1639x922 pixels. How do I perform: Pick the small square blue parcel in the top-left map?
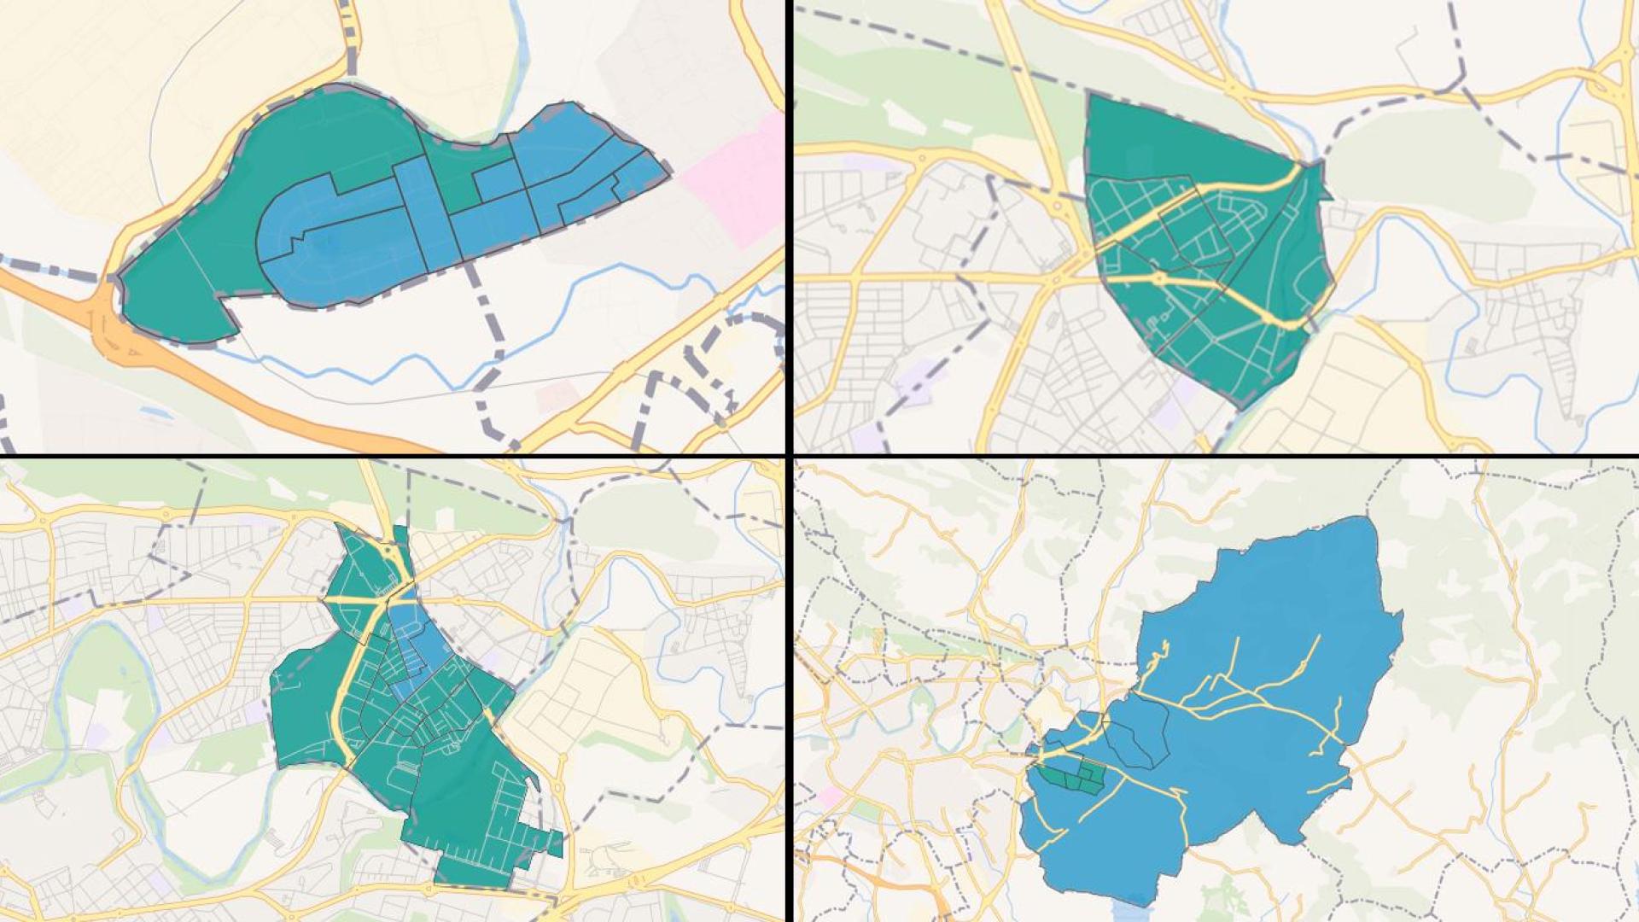[493, 181]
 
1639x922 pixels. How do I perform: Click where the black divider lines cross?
[790, 457]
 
